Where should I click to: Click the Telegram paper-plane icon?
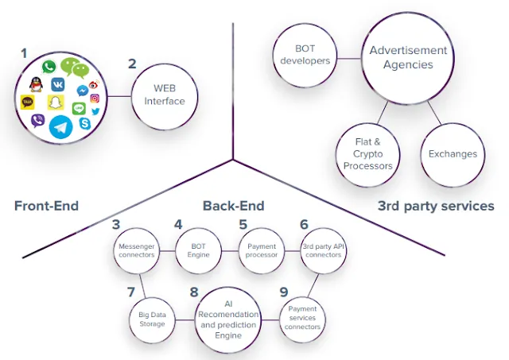60,127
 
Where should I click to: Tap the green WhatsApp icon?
49,67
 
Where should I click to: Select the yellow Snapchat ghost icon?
56,103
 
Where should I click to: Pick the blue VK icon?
58,85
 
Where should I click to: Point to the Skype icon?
85,123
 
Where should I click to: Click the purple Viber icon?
38,121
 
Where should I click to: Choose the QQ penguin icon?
36,85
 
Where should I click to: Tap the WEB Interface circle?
165,97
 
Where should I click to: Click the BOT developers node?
305,55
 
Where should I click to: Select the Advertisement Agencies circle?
408,58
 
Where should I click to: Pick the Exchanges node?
453,154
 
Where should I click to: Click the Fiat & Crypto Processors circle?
367,154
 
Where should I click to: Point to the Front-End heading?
46,206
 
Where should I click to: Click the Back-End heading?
233,206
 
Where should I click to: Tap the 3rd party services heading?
436,206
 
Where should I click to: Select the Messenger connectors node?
137,250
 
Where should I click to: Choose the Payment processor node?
262,250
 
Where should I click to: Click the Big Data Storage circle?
152,319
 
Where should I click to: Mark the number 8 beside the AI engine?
194,292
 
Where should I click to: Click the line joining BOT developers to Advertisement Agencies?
349,59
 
